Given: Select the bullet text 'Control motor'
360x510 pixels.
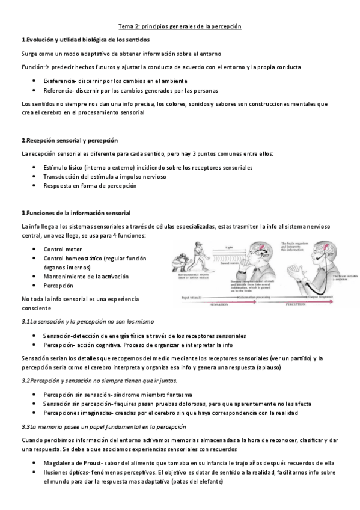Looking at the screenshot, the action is click(62, 248).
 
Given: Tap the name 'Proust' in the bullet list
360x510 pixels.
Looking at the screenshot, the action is click(88, 463).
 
